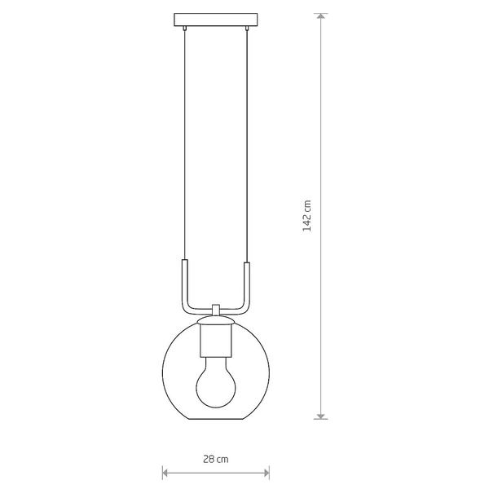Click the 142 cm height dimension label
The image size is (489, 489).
[x=307, y=216]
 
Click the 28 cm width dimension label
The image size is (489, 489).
[x=216, y=459]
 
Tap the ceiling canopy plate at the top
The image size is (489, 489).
[x=216, y=20]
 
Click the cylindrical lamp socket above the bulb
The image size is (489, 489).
[x=216, y=341]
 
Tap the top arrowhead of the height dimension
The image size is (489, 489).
[x=321, y=16]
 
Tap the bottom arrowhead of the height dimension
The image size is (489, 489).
[x=321, y=416]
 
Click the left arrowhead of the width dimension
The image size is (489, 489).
[x=165, y=473]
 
